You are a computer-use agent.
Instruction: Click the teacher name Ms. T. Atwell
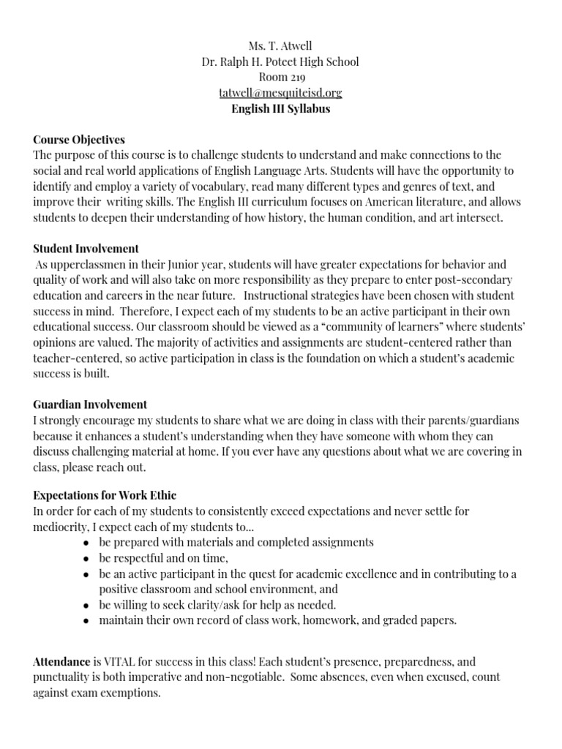pyautogui.click(x=280, y=46)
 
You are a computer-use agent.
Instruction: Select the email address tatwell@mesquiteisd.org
pyautogui.click(x=280, y=93)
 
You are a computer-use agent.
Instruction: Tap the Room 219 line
pyautogui.click(x=280, y=78)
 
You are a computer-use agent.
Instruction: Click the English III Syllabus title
pyautogui.click(x=280, y=109)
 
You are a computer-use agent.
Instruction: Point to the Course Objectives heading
pyautogui.click(x=79, y=140)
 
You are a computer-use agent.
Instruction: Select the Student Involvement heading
pyautogui.click(x=86, y=249)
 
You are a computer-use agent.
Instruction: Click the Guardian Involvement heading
pyautogui.click(x=90, y=404)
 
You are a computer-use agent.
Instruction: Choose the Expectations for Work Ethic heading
pyautogui.click(x=105, y=495)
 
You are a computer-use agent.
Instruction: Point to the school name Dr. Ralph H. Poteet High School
pyautogui.click(x=280, y=61)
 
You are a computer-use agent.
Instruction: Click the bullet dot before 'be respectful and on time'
pyautogui.click(x=87, y=559)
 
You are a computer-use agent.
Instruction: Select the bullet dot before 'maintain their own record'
pyautogui.click(x=87, y=621)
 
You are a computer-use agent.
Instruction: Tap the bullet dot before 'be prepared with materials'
pyautogui.click(x=87, y=543)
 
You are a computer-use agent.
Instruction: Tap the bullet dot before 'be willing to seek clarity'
pyautogui.click(x=87, y=606)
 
